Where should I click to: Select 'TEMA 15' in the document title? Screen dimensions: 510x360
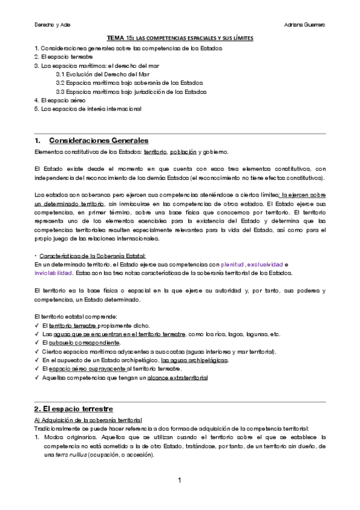pyautogui.click(x=118, y=38)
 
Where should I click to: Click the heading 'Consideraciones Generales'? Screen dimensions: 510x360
pyautogui.click(x=97, y=140)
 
